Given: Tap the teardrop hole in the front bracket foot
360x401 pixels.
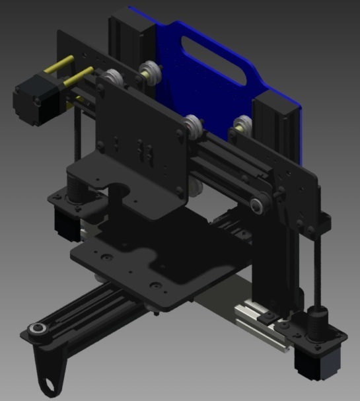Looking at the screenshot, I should tap(50, 384).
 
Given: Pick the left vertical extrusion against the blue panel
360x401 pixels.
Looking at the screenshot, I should tap(125, 40).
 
